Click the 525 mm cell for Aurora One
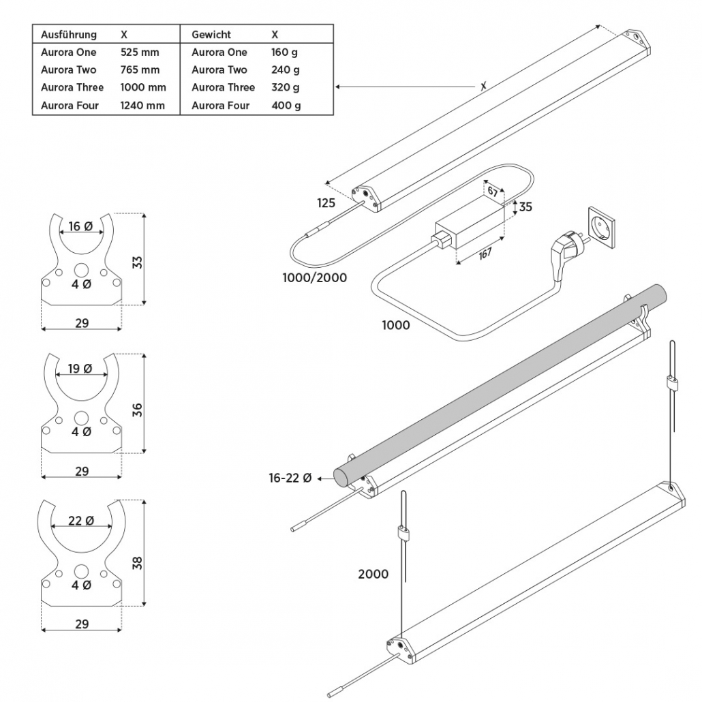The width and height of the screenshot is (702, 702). pos(139,52)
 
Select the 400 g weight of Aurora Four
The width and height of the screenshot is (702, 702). pos(286,106)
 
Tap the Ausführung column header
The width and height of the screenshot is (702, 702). pos(69,35)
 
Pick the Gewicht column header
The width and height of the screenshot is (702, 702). pos(211,35)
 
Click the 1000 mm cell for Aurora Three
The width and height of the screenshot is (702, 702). pos(143,88)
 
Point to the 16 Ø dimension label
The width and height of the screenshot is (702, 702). pos(80,227)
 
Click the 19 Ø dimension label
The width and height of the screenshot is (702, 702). pos(80,369)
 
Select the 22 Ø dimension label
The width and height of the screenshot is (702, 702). pos(80,521)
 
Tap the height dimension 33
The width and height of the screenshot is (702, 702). pos(136,262)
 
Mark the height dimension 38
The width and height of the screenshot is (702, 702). pos(136,563)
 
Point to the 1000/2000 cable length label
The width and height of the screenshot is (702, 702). pos(314,278)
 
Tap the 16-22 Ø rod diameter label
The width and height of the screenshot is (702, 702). pos(290,479)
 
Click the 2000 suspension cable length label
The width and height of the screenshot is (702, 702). pos(373,575)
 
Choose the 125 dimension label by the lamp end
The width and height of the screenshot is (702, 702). pos(326,203)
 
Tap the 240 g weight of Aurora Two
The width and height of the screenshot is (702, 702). pos(286,70)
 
